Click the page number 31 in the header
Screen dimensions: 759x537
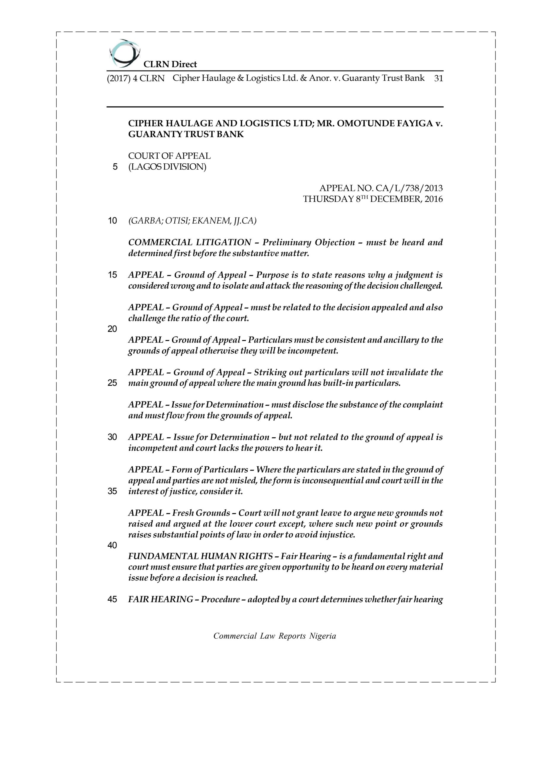coord(438,78)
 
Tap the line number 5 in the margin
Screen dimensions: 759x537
coord(115,167)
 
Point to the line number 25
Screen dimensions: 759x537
coord(112,383)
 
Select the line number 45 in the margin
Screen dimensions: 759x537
coord(112,599)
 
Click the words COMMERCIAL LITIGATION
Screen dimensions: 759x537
coord(189,242)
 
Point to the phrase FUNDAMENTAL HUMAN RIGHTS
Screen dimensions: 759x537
coord(200,557)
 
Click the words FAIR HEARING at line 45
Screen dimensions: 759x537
coord(160,599)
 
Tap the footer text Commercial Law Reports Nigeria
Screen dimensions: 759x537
coord(275,636)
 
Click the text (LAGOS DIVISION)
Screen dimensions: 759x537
coord(167,167)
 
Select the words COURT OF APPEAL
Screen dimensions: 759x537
coord(169,156)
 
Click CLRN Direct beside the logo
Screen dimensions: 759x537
coord(170,64)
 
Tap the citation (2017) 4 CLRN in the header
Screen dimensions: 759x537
coord(136,78)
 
